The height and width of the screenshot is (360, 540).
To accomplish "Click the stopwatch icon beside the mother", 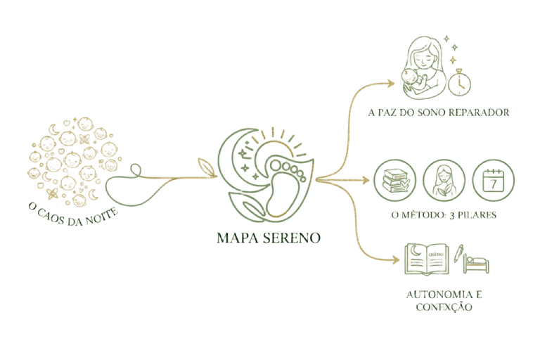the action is pyautogui.click(x=461, y=82).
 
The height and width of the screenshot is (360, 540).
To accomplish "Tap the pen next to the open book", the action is pyautogui.click(x=461, y=254).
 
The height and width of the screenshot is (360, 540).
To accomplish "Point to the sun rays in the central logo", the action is pyautogui.click(x=281, y=138).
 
